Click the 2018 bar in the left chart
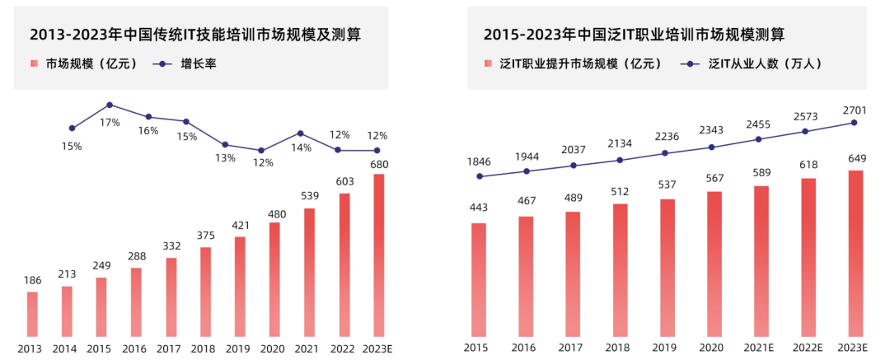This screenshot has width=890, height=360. (205, 292)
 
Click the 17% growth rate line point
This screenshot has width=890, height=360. (110, 105)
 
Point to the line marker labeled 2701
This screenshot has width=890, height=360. (855, 123)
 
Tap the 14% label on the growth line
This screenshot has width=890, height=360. (302, 148)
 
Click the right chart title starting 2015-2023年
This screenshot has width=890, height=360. (634, 34)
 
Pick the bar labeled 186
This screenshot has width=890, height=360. (32, 314)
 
